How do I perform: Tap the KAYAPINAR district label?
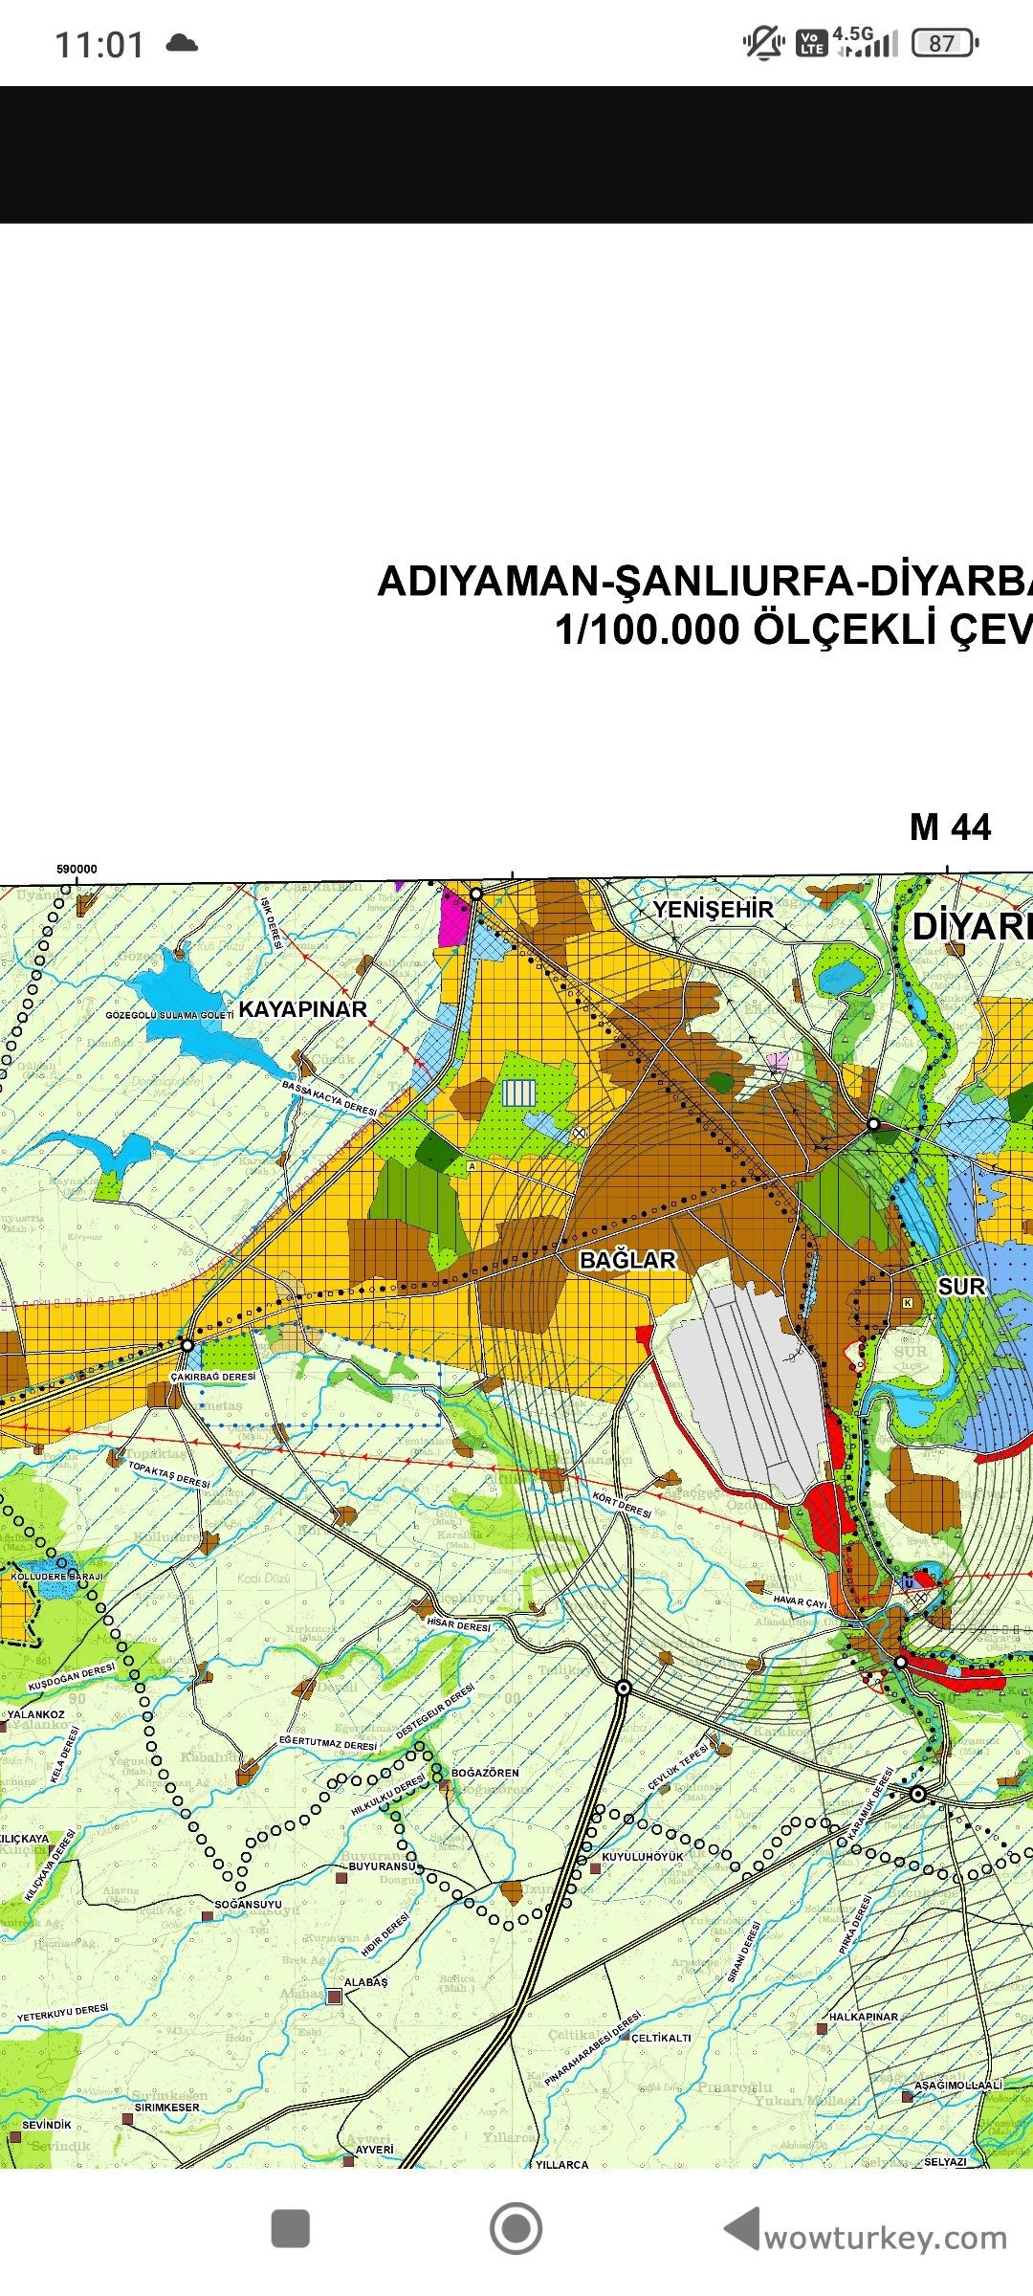pos(302,1009)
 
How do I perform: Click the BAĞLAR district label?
pos(627,1261)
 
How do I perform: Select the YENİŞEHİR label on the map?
pos(713,910)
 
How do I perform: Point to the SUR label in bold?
pos(960,1287)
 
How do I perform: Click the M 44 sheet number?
pos(950,828)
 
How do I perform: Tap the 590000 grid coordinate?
pos(77,870)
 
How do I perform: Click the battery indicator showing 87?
pos(944,43)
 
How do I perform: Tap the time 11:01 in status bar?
pos(99,45)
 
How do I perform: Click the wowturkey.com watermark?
pos(885,2239)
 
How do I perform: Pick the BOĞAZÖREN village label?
pos(485,1773)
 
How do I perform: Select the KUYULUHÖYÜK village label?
pos(643,1857)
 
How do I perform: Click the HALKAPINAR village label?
pos(863,2017)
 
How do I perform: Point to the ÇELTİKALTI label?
pos(661,2038)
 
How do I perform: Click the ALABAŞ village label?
pos(365,1982)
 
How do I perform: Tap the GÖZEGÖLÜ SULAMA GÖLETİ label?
pos(169,1015)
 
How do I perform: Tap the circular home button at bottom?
pos(516,2228)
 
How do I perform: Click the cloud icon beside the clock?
pos(182,43)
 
